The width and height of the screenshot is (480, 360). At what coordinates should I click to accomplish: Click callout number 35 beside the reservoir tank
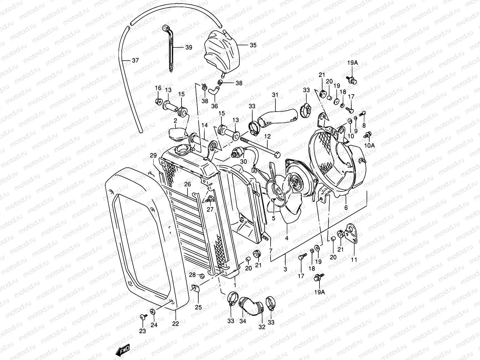(253, 45)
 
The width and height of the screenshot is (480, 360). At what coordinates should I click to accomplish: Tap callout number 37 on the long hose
(135, 60)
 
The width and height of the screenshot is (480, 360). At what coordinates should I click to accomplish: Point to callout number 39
(188, 47)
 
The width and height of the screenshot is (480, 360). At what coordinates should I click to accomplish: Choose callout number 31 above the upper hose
(275, 95)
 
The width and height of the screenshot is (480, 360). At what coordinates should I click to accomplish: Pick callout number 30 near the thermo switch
(243, 161)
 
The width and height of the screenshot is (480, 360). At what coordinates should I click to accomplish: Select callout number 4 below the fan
(286, 238)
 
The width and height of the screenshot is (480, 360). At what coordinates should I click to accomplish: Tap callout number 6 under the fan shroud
(346, 208)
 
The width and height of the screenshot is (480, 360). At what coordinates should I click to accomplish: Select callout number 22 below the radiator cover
(175, 324)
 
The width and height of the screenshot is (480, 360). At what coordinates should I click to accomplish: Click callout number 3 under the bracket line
(285, 269)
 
